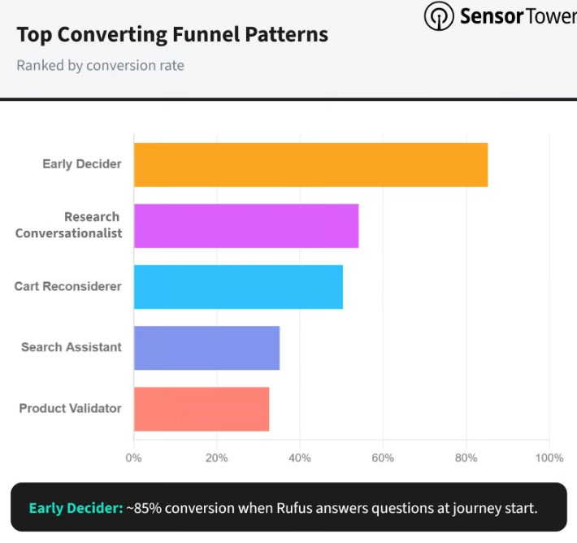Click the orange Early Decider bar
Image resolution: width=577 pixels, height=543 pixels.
click(310, 165)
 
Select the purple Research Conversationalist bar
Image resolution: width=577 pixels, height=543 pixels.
click(245, 226)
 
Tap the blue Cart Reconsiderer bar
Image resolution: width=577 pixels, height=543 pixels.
click(238, 287)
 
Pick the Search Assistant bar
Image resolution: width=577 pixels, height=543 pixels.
click(206, 348)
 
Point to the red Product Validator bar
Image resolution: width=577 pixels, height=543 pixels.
click(201, 409)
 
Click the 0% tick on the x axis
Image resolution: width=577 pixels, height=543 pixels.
click(133, 458)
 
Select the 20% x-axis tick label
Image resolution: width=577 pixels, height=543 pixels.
click(216, 458)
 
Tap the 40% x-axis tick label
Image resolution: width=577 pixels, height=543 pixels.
click(300, 458)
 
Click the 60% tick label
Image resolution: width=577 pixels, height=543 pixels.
click(383, 458)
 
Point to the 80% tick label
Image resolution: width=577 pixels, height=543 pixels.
click(466, 458)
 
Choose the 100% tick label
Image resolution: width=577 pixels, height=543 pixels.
click(549, 458)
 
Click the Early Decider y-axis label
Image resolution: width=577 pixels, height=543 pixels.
click(82, 164)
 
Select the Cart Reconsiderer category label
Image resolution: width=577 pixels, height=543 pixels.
click(68, 286)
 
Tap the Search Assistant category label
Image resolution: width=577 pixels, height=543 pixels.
click(72, 347)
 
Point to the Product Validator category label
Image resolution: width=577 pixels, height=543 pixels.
click(71, 408)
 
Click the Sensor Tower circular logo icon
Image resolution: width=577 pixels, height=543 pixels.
click(438, 16)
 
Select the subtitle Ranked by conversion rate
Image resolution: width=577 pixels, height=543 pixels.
click(100, 65)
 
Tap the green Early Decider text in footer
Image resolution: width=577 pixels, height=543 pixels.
click(75, 509)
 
